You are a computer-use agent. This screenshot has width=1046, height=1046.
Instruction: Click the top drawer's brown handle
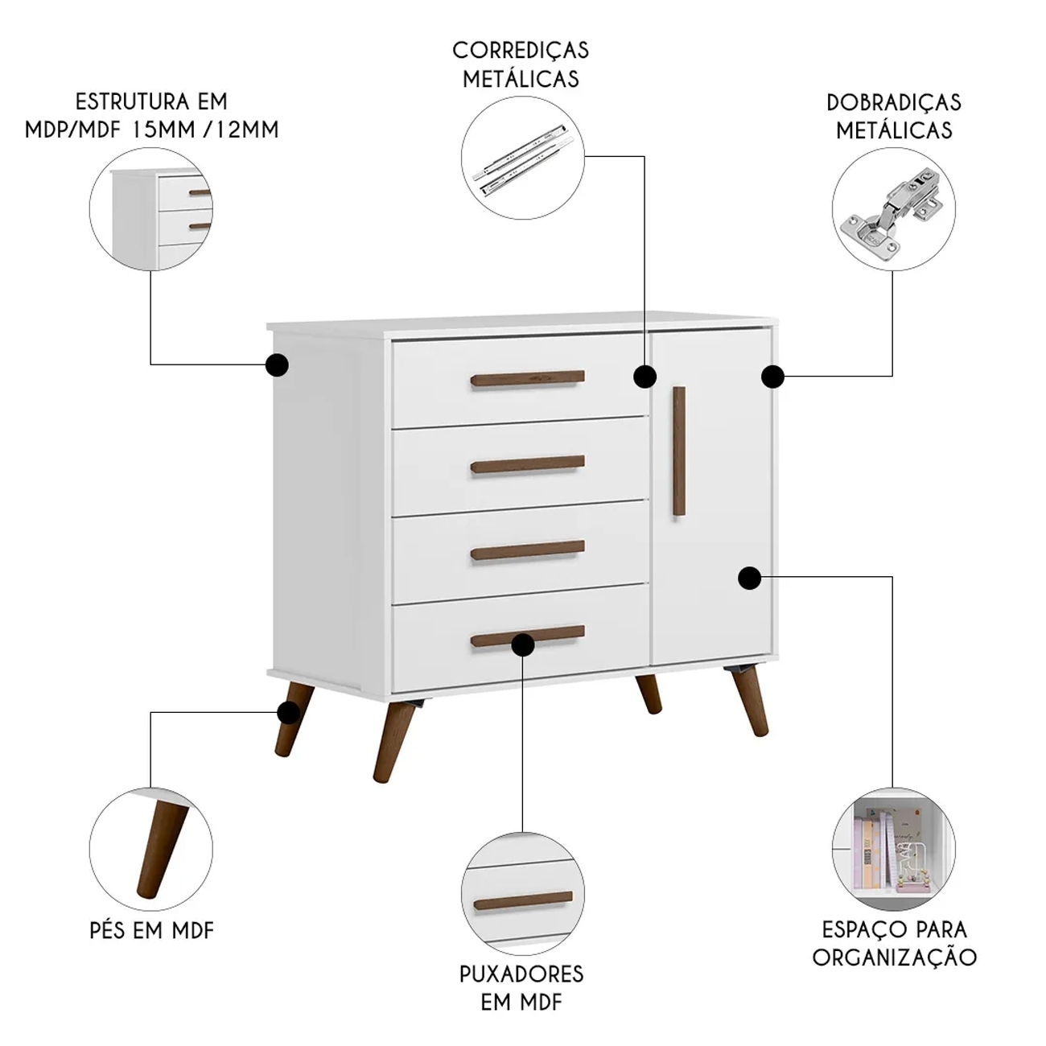coord(527,378)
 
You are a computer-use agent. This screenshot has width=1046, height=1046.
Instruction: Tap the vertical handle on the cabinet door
coord(678,451)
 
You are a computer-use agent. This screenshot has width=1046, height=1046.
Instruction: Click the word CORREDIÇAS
coord(521,51)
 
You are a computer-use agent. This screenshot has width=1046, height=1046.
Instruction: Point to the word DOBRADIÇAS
coord(893,103)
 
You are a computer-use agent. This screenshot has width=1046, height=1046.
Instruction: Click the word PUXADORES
coord(521,974)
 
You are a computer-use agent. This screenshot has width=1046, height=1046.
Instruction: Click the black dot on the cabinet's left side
coord(278,364)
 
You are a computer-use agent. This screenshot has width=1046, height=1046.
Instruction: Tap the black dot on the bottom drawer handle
coord(522,644)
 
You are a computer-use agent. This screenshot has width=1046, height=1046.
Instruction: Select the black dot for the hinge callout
coord(772,377)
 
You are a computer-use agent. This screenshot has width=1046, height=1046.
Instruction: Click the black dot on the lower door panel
coord(749,578)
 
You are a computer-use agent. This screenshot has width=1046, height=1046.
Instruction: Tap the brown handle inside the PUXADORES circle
coord(523,901)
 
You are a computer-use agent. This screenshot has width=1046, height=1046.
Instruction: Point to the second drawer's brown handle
coord(527,464)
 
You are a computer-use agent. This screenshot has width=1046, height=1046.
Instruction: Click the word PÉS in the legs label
coord(108,931)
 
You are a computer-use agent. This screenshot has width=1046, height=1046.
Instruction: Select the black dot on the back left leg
coord(288,711)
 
